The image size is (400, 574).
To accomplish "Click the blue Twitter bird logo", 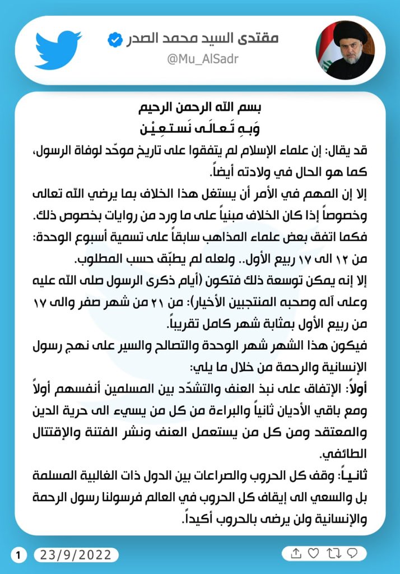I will click(x=58, y=49).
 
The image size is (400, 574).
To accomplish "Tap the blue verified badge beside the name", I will click(x=114, y=39).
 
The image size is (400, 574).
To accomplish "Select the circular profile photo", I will click(x=345, y=50).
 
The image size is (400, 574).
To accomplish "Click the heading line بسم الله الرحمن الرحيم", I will click(x=200, y=108).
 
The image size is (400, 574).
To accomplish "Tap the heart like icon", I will click(x=314, y=553).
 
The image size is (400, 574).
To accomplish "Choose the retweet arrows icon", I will click(x=333, y=553).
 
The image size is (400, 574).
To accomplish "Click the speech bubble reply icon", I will click(x=352, y=553).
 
